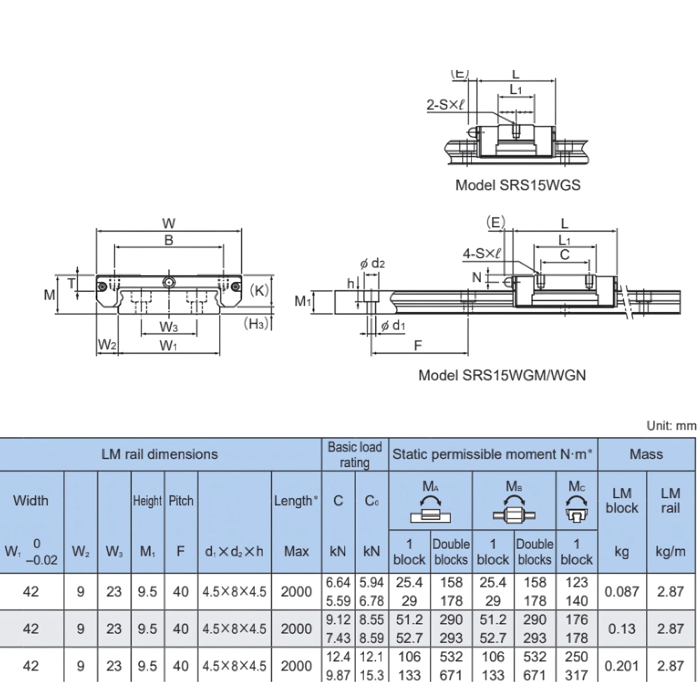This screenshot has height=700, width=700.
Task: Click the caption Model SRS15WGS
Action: (517, 186)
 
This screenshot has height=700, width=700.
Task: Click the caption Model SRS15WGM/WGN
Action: (502, 374)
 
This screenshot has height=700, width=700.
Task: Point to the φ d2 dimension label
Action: (372, 264)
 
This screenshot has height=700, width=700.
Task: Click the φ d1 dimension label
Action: (393, 325)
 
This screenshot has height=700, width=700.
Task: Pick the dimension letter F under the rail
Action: (418, 345)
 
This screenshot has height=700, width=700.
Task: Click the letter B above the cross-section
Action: (168, 239)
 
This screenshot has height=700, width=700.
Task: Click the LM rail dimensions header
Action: (160, 454)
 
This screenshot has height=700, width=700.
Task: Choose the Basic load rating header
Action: (354, 454)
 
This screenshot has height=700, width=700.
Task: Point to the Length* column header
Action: (296, 501)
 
